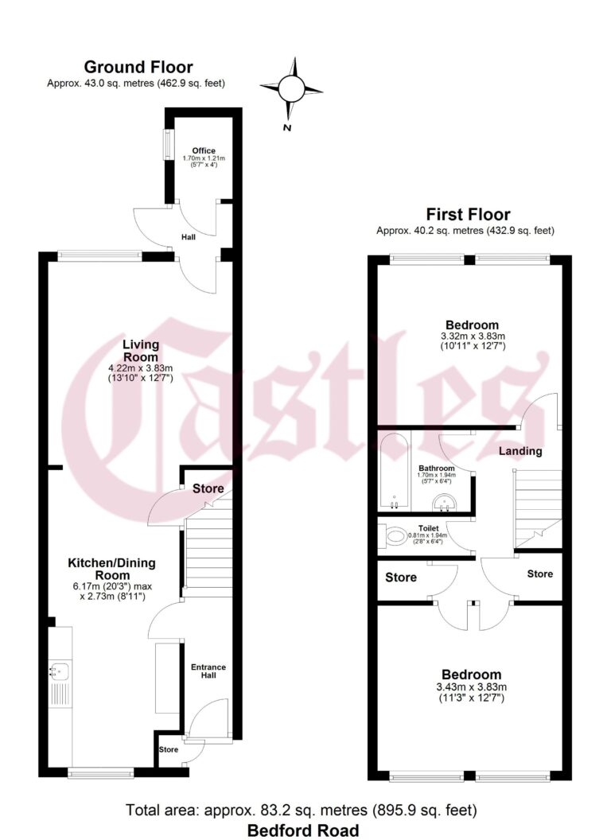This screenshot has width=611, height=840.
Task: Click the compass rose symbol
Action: pyautogui.click(x=291, y=87)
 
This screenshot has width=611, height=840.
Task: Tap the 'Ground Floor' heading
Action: pyautogui.click(x=138, y=67)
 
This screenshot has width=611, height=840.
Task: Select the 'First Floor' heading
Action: pyautogui.click(x=468, y=214)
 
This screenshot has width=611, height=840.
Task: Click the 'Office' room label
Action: pyautogui.click(x=204, y=150)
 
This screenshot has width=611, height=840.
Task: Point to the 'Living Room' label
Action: pyautogui.click(x=140, y=351)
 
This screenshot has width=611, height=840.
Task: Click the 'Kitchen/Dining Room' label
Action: pyautogui.click(x=111, y=569)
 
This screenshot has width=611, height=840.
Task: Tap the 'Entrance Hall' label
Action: pyautogui.click(x=207, y=671)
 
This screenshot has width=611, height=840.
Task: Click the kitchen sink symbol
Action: pyautogui.click(x=58, y=671)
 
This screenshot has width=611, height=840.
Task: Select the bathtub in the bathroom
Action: pyautogui.click(x=395, y=471)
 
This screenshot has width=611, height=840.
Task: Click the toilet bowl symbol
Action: pyautogui.click(x=394, y=539)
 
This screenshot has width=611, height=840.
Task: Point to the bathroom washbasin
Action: pyautogui.click(x=444, y=501)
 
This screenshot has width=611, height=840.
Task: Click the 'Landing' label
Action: pyautogui.click(x=520, y=451)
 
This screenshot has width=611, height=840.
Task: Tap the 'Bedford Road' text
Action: pyautogui.click(x=302, y=830)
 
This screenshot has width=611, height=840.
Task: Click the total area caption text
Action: pyautogui.click(x=302, y=811)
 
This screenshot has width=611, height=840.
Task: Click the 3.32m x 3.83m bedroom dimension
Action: pyautogui.click(x=472, y=336)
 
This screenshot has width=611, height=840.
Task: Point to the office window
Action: pyautogui.click(x=167, y=144)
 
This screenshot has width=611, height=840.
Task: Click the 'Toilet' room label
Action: pyautogui.click(x=429, y=527)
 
